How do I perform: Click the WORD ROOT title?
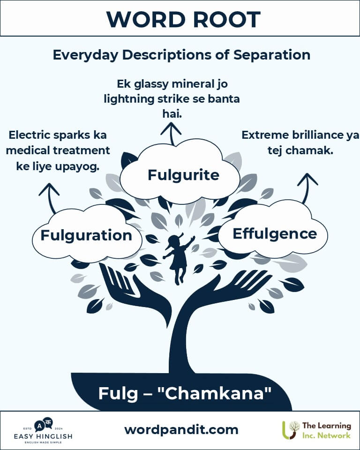coord(183,19)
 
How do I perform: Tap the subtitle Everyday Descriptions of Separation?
coord(181,54)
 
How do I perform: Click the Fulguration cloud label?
coord(86,235)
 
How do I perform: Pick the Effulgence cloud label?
coord(275,233)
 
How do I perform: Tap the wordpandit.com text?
coord(181,429)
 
